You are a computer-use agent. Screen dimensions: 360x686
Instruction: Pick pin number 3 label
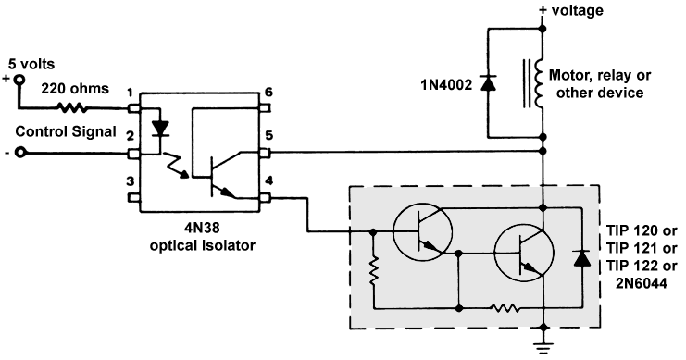click(131, 180)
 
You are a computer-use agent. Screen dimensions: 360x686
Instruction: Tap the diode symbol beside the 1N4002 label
click(488, 81)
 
